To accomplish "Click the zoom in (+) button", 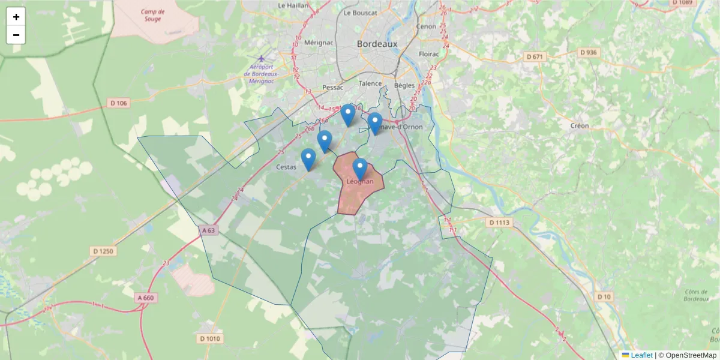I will click(x=16, y=17).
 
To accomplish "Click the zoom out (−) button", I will click(x=16, y=35).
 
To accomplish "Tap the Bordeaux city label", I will click(x=377, y=44).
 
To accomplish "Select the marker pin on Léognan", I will click(x=360, y=169).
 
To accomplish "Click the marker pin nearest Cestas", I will click(x=308, y=159).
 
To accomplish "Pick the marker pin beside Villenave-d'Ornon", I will click(x=375, y=123).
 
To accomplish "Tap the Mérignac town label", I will click(x=319, y=43).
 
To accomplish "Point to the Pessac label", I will click(x=332, y=87).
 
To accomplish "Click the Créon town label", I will click(x=580, y=126).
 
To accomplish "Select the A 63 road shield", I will click(x=208, y=230).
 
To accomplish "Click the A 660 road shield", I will click(x=145, y=298).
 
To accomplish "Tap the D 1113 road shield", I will click(x=499, y=223).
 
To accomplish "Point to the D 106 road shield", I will click(x=119, y=103).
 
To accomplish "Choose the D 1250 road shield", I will click(x=104, y=251).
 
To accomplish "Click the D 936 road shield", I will click(x=589, y=53).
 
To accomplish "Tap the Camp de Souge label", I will click(x=153, y=16).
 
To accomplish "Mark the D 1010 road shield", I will click(x=209, y=339).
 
